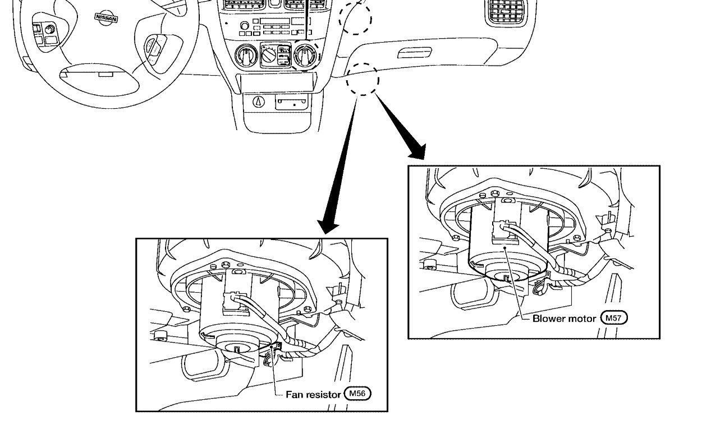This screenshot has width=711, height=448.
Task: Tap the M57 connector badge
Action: [x=614, y=318]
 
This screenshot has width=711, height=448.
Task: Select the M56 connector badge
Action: [x=358, y=394]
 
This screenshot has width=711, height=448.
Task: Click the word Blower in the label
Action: [x=548, y=318]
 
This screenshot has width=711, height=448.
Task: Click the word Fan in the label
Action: [x=294, y=394]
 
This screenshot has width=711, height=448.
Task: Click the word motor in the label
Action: [x=581, y=318]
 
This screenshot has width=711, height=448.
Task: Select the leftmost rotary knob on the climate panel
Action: [x=247, y=56]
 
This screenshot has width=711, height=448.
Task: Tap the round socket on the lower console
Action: [x=258, y=101]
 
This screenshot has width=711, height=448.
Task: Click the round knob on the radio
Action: [x=244, y=26]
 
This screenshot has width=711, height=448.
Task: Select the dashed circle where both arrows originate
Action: [x=363, y=79]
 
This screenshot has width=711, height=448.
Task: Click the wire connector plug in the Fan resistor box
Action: [x=232, y=301]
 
